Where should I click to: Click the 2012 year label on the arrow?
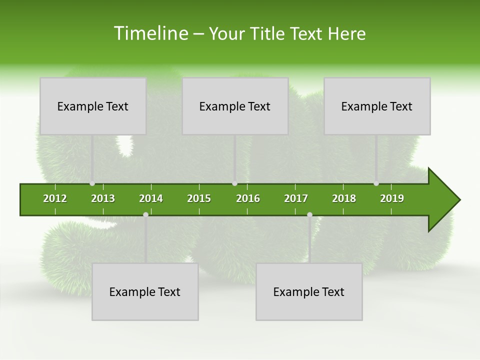pyautogui.click(x=55, y=198)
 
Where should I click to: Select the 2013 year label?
pyautogui.click(x=103, y=198)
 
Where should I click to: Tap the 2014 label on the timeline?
pyautogui.click(x=151, y=198)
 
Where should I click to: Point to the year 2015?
pyautogui.click(x=199, y=198)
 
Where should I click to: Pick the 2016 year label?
pyautogui.click(x=248, y=198)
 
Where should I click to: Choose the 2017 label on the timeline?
pyautogui.click(x=296, y=198)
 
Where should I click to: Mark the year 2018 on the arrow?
pyautogui.click(x=344, y=198)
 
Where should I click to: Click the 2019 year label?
pyautogui.click(x=392, y=198)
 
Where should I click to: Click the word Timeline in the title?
pyautogui.click(x=150, y=33)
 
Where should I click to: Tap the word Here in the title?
pyautogui.click(x=346, y=33)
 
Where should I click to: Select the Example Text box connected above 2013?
pyautogui.click(x=93, y=106)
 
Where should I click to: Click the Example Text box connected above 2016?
pyautogui.click(x=235, y=106)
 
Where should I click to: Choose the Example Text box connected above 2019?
pyautogui.click(x=377, y=106)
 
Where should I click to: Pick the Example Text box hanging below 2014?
pyautogui.click(x=145, y=292)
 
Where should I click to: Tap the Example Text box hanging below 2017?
pyautogui.click(x=309, y=292)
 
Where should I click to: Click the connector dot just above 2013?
pyautogui.click(x=92, y=183)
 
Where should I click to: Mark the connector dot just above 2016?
pyautogui.click(x=235, y=183)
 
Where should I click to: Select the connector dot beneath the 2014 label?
pyautogui.click(x=145, y=215)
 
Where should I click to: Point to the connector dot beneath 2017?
pyautogui.click(x=309, y=215)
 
